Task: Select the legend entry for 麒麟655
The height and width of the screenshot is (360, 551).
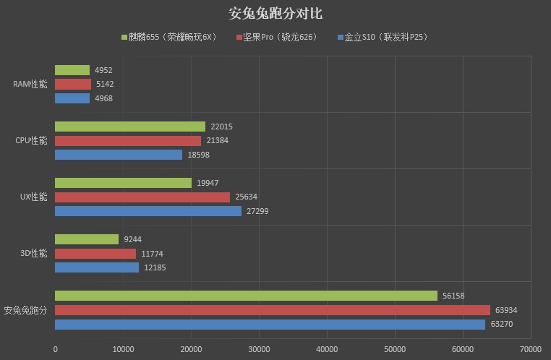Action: pyautogui.click(x=171, y=37)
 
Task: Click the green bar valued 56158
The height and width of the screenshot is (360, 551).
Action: pyautogui.click(x=246, y=296)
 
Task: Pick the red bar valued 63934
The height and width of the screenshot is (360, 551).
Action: pyautogui.click(x=273, y=310)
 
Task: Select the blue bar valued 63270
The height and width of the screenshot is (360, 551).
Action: pyautogui.click(x=270, y=325)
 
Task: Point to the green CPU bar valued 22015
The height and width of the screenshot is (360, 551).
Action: pyautogui.click(x=130, y=127)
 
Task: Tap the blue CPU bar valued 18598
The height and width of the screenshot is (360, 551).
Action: pyautogui.click(x=119, y=155)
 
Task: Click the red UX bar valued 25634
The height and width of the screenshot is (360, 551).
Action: pyautogui.click(x=142, y=197)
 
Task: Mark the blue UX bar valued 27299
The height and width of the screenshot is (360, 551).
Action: pyautogui.click(x=148, y=211)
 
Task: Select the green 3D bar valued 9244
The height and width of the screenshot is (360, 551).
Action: pyautogui.click(x=87, y=239)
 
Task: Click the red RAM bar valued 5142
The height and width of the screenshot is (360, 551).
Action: pyautogui.click(x=73, y=84)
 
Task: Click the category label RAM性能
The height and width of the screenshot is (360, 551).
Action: pyautogui.click(x=30, y=85)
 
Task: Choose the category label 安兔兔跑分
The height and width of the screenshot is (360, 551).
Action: pyautogui.click(x=25, y=311)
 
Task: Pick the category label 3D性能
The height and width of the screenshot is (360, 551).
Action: pyautogui.click(x=33, y=254)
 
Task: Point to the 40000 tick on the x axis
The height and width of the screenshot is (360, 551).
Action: pyautogui.click(x=327, y=348)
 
